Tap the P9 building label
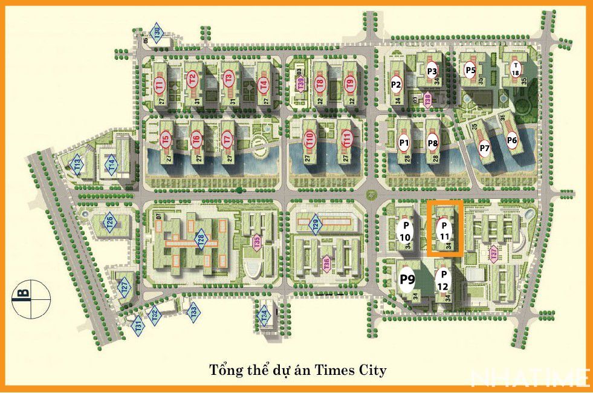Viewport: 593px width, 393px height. (x=407, y=279)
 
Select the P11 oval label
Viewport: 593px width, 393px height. (x=444, y=229)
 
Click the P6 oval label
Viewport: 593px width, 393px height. (x=512, y=141)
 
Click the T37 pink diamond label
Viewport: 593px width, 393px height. (x=494, y=255)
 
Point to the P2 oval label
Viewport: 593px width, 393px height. (x=397, y=84)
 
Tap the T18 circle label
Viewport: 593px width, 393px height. (x=515, y=69)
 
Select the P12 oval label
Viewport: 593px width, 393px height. (x=442, y=279)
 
